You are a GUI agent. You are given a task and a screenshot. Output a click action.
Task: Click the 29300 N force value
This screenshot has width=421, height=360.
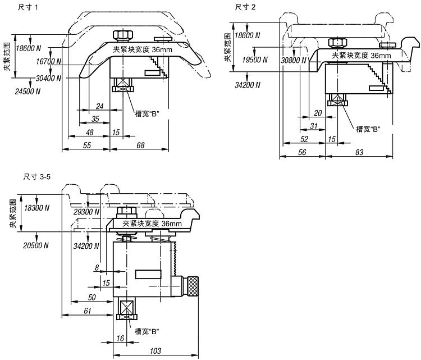[x=86, y=212]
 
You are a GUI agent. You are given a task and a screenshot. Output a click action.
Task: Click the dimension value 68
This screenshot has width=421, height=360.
[x=140, y=145]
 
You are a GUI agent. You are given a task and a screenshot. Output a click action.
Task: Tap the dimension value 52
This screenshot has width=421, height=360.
[x=305, y=139]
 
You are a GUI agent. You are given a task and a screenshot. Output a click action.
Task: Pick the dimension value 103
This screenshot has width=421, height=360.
[x=157, y=351]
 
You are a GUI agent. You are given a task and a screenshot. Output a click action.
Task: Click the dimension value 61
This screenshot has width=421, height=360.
[x=88, y=311]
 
